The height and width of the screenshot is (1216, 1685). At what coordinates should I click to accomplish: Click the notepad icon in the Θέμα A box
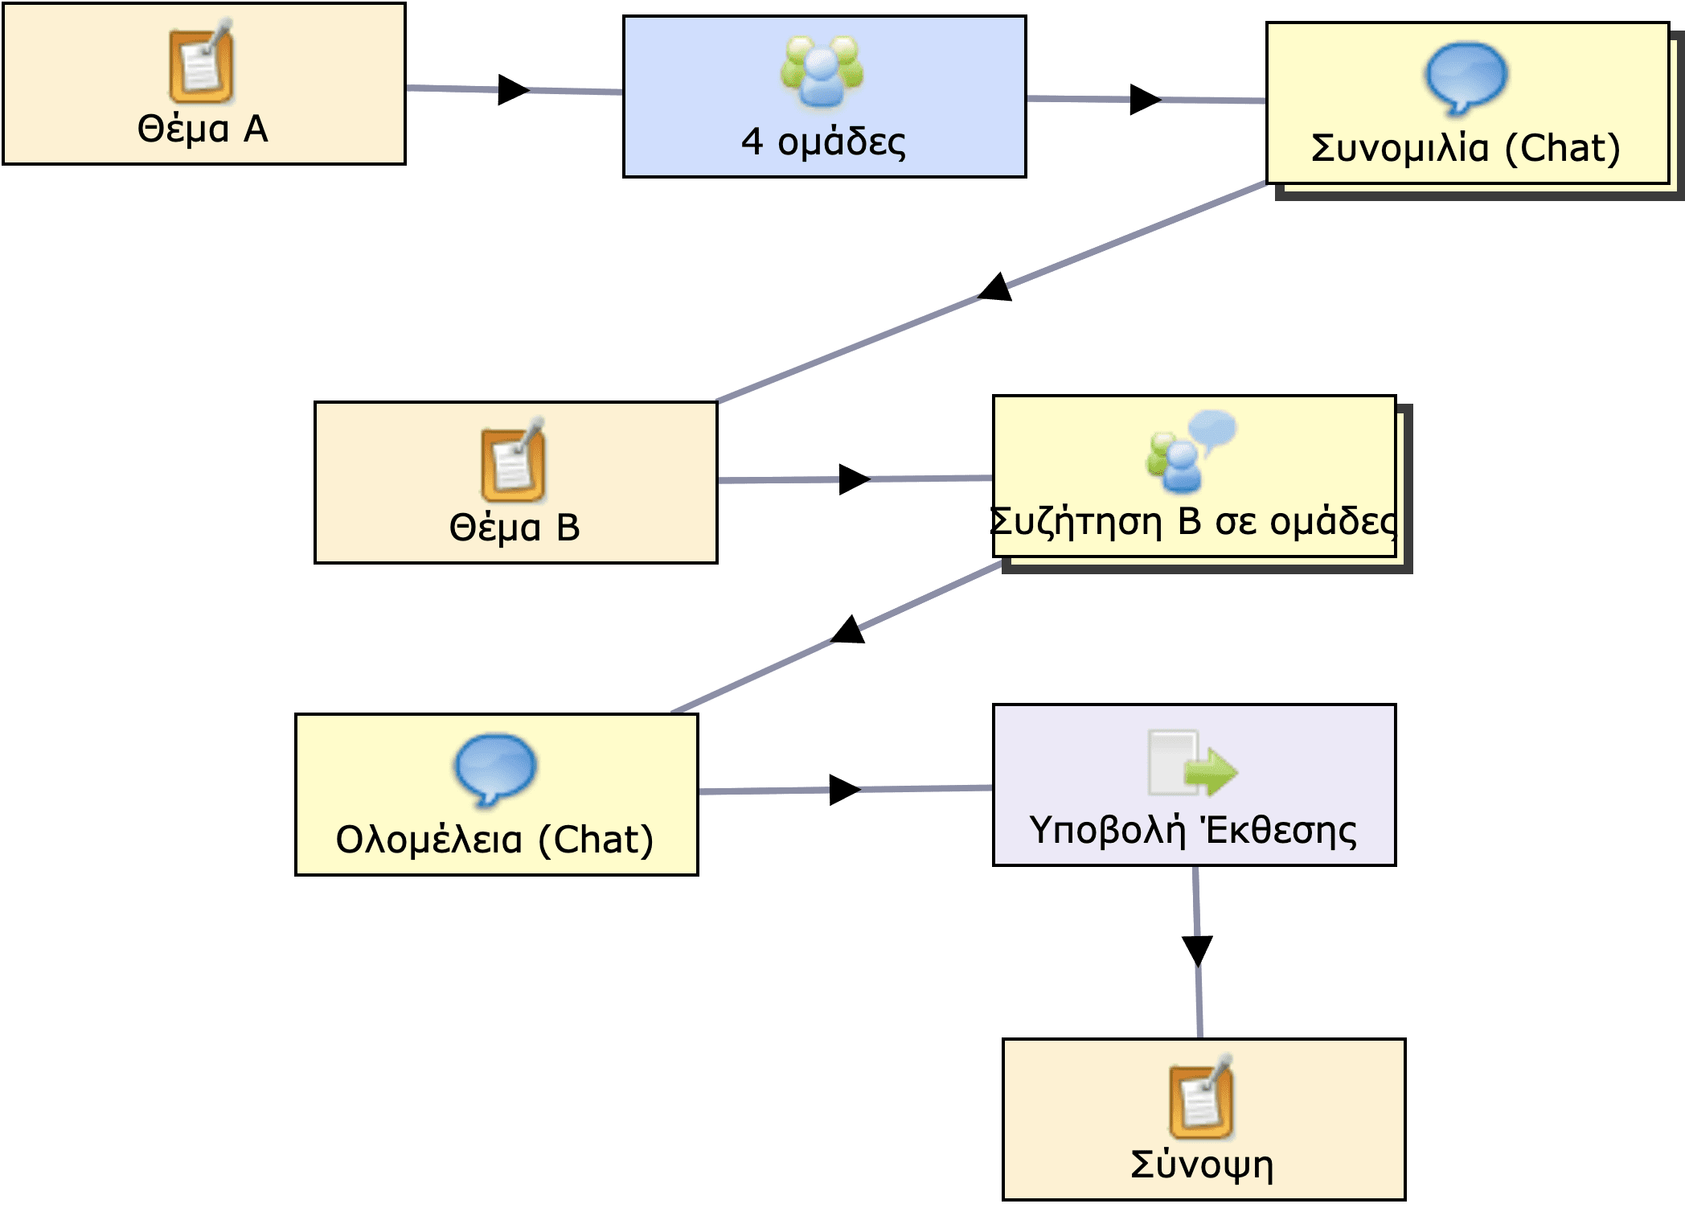pos(201,63)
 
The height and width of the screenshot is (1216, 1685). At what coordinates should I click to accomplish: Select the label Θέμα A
pos(203,129)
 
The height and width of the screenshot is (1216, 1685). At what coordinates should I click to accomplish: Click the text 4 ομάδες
pos(823,142)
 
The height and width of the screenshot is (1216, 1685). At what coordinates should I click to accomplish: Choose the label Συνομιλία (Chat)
pos(1465,149)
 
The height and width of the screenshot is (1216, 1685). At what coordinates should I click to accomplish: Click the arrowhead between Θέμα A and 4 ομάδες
pos(513,89)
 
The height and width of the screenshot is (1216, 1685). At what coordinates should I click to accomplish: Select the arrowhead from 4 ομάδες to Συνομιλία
pos(1145,99)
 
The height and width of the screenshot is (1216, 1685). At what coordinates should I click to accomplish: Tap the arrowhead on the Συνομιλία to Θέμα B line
pos(996,288)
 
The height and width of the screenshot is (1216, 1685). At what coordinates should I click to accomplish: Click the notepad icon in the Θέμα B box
pos(513,461)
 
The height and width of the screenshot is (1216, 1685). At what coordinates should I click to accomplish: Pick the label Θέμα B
pos(515,528)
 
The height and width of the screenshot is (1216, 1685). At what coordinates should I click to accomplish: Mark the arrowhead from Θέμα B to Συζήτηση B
pos(854,479)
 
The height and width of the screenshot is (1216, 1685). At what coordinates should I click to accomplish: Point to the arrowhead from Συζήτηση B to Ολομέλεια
pos(849,630)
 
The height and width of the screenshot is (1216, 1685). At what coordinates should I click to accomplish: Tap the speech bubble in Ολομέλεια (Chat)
pos(495,769)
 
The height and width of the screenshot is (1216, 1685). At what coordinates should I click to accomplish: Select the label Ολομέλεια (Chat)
pos(494,840)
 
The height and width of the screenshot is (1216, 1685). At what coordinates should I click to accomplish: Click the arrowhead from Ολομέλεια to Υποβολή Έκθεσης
pos(844,790)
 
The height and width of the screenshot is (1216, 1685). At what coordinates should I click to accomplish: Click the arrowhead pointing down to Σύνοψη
pos(1197,951)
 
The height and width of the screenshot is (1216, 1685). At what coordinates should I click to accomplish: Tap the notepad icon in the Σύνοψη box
pos(1201,1099)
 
